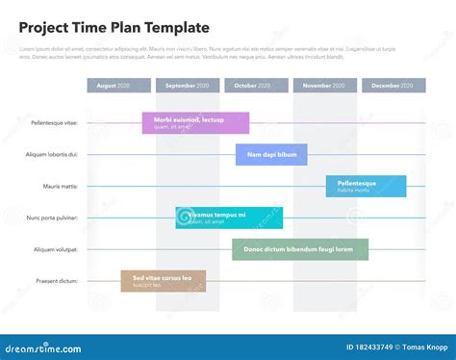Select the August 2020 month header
pyautogui.click(x=118, y=86)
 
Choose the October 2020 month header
pyautogui.click(x=256, y=86)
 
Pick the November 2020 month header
pyautogui.click(x=324, y=86)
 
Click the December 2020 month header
pyautogui.click(x=393, y=86)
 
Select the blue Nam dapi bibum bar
pyautogui.click(x=271, y=154)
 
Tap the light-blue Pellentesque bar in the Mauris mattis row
pyautogui.click(x=366, y=186)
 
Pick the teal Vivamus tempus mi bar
pyautogui.click(x=215, y=218)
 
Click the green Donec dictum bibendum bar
pyautogui.click(x=299, y=249)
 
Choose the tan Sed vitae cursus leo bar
pyautogui.click(x=163, y=281)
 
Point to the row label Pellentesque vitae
pyautogui.click(x=54, y=123)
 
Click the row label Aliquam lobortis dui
pyautogui.click(x=52, y=154)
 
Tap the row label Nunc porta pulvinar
pyautogui.click(x=52, y=218)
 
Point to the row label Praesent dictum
pyautogui.click(x=57, y=281)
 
